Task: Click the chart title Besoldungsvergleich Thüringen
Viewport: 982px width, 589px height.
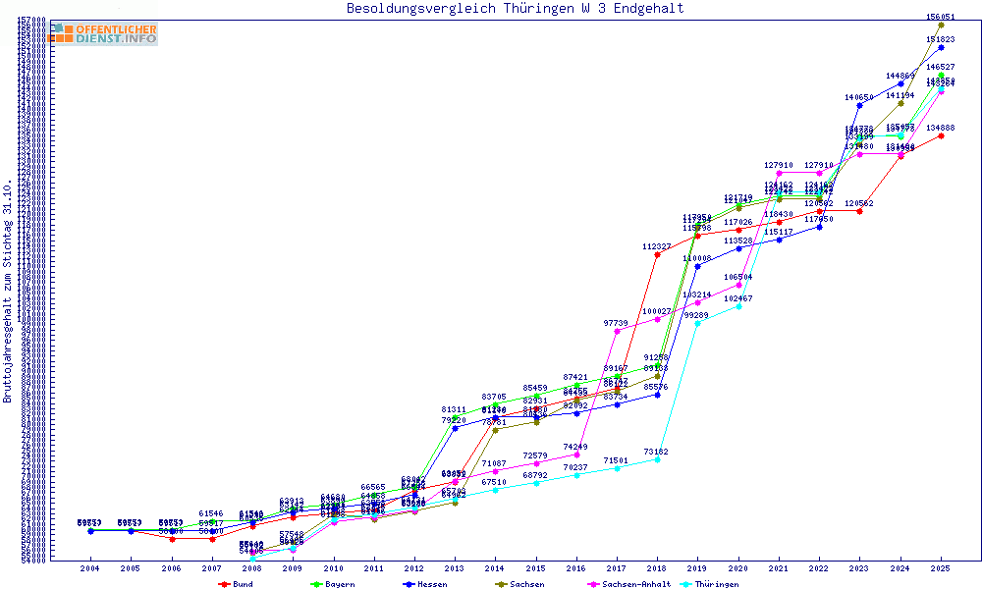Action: (x=515, y=9)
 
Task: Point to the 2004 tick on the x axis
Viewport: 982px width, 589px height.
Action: (x=89, y=568)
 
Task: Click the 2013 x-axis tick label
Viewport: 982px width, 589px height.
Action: (x=454, y=568)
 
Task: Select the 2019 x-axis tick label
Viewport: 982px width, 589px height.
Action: (x=697, y=568)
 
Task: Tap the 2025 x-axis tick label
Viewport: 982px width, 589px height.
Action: (x=941, y=568)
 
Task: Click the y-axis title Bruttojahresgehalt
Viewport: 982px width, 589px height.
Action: (x=8, y=292)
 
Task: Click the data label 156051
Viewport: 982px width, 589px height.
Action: (x=941, y=17)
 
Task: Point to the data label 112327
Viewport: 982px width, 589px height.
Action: (x=657, y=246)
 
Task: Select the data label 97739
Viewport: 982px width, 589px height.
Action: (x=616, y=323)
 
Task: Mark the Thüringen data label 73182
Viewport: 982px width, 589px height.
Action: (x=657, y=452)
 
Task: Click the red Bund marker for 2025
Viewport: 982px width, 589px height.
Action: (x=941, y=135)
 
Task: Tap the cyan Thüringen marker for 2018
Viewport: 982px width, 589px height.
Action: (x=657, y=459)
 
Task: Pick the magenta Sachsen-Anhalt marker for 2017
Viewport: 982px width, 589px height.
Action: (x=617, y=331)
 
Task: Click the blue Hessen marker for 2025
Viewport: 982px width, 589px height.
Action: (x=941, y=47)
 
